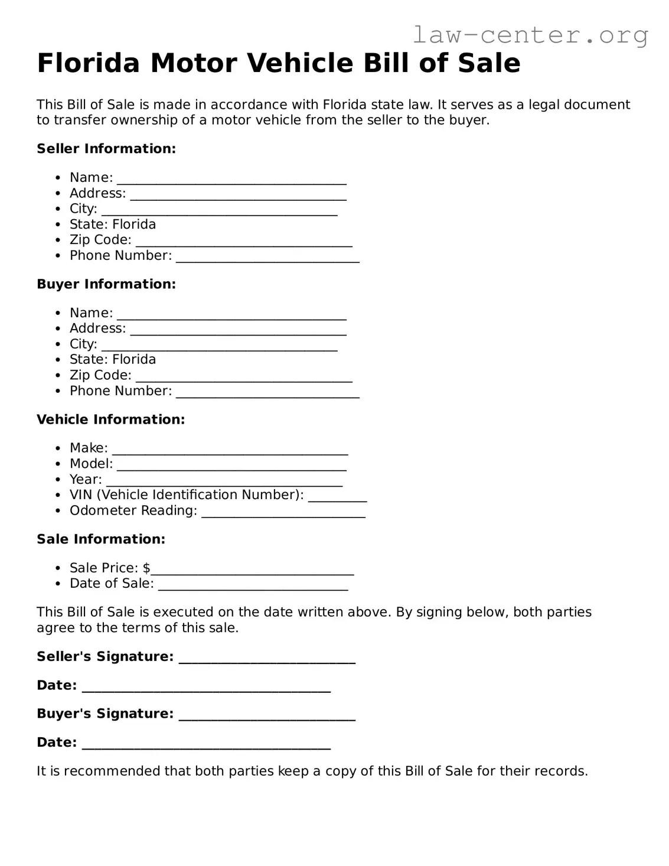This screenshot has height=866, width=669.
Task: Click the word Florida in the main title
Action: (89, 63)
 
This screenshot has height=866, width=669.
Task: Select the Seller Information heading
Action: (106, 149)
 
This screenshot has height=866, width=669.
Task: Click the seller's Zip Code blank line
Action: (244, 242)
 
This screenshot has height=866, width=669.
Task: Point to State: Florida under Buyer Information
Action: (113, 360)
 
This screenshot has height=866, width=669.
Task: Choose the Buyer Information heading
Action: (106, 284)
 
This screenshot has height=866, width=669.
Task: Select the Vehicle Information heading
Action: (110, 419)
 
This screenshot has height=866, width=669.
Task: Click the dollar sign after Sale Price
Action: (146, 568)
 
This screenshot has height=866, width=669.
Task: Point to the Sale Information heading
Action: (101, 539)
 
